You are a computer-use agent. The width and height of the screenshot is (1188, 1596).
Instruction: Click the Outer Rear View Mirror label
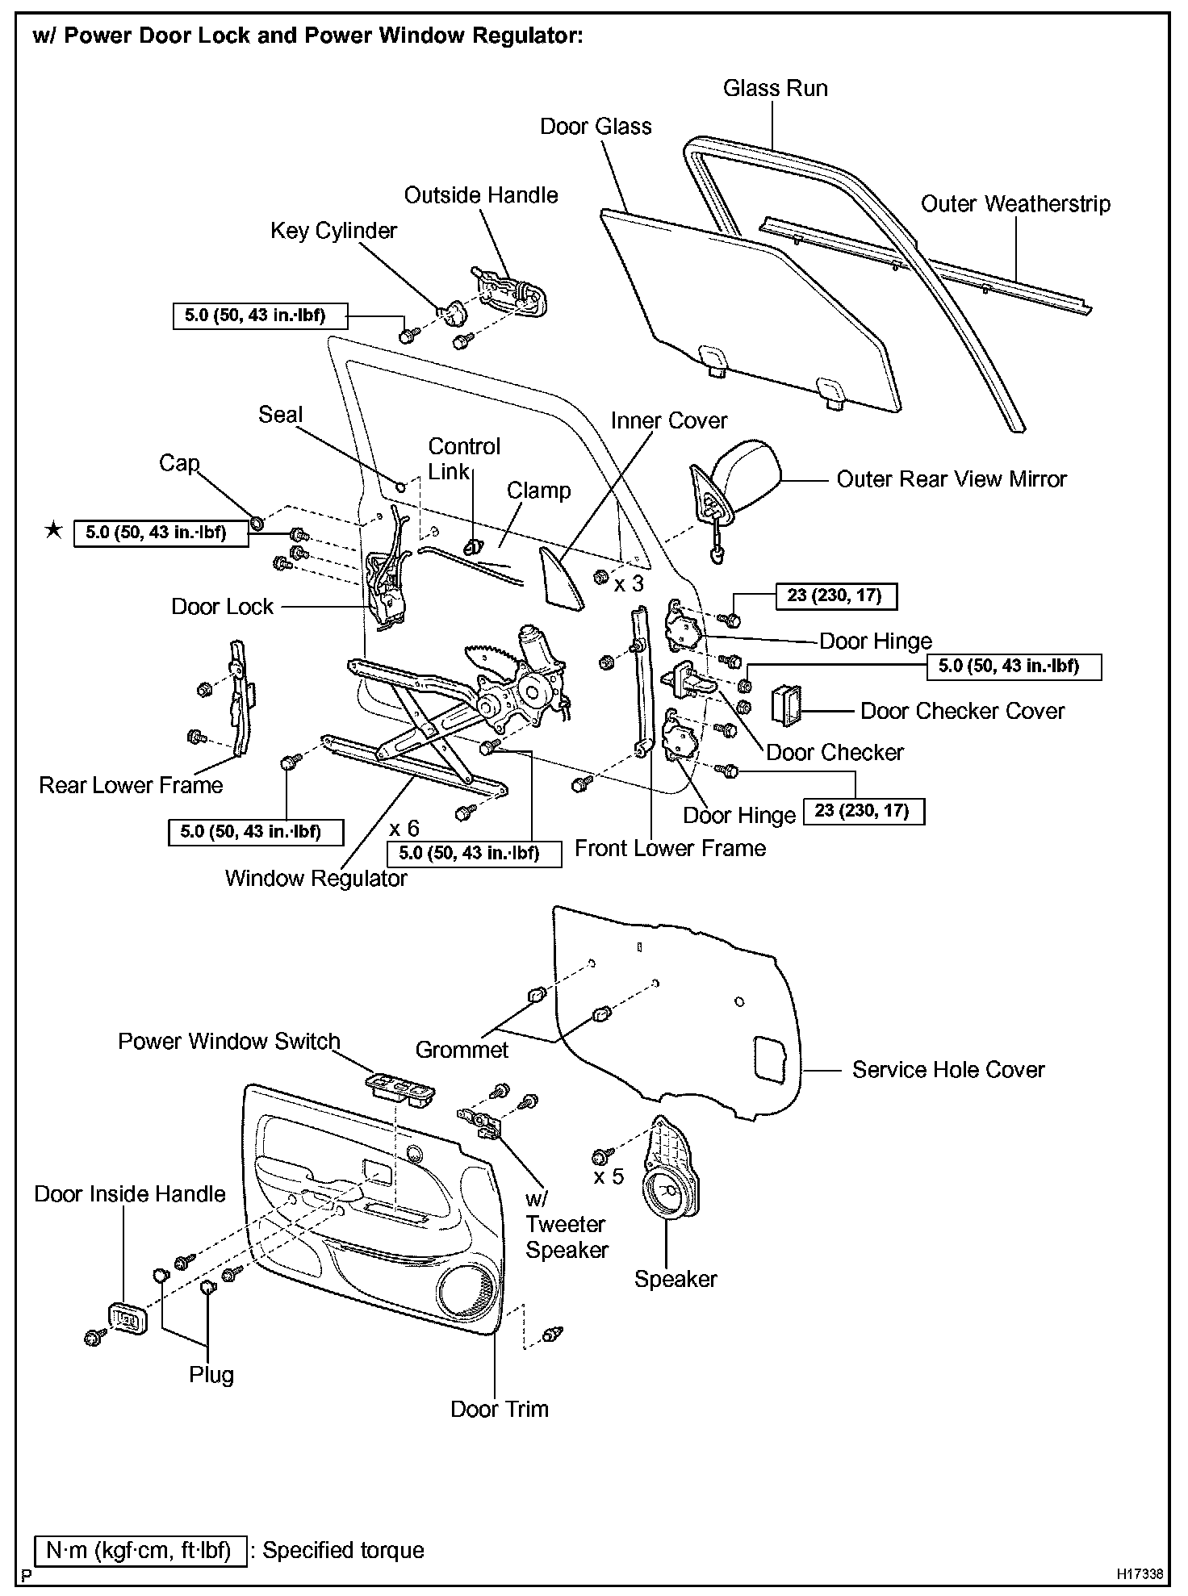tap(951, 479)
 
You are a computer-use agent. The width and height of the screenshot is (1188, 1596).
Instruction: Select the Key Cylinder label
tap(333, 231)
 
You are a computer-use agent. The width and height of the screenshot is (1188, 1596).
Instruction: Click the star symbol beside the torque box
tap(53, 531)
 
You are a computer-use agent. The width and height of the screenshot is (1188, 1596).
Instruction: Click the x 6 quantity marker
tap(404, 829)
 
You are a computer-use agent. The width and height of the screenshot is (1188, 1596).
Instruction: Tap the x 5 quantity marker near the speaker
tap(609, 1176)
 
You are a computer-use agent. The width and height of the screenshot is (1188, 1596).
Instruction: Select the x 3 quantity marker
tap(629, 583)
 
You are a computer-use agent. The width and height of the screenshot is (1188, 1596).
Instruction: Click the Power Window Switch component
tap(399, 1090)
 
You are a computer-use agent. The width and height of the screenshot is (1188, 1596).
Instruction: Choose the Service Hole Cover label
tap(947, 1070)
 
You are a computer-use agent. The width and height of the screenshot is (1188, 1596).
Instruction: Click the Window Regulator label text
tap(316, 878)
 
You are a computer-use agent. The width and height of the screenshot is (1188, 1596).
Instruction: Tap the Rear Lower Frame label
tap(131, 785)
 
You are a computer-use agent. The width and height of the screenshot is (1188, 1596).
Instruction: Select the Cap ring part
tap(256, 523)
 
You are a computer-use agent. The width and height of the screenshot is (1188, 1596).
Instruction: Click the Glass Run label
tap(775, 88)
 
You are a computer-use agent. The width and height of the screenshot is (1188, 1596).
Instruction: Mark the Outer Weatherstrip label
tap(1015, 204)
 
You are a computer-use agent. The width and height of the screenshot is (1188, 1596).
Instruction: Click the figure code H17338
tap(1140, 1574)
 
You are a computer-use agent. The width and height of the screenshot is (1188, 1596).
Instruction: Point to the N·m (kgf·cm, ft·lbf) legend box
tap(140, 1550)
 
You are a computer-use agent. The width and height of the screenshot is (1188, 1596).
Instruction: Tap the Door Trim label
tap(499, 1409)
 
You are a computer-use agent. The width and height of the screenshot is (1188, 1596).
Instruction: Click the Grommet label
tap(462, 1050)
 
